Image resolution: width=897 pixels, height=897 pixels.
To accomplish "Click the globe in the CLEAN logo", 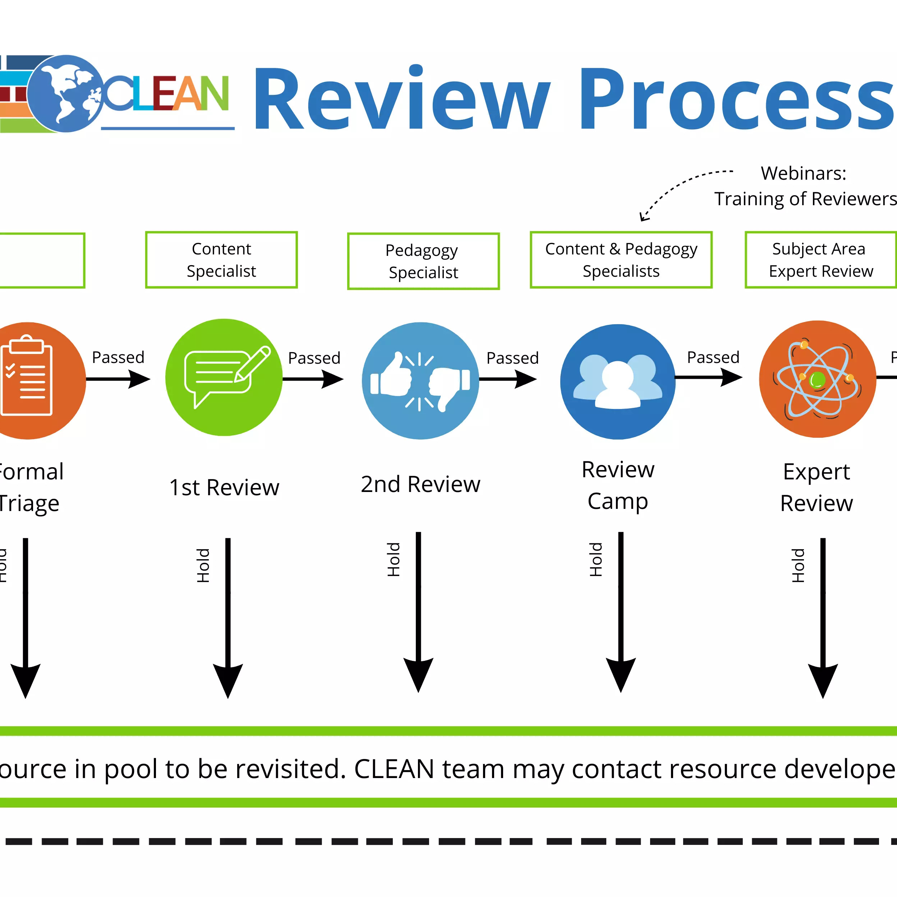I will point(66,94).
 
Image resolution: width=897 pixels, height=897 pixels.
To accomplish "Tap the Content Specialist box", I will point(221,260).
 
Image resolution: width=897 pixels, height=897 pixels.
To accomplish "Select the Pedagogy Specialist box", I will point(423,261).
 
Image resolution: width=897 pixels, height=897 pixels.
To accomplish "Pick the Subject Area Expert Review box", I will point(820,260).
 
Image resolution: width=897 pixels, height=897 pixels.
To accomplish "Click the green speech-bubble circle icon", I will point(224,377).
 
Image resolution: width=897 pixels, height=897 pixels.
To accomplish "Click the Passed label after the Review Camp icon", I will point(713,357).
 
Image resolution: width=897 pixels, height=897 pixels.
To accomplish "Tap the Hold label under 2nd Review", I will point(393,560).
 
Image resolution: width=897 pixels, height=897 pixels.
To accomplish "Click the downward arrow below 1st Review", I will point(227,617).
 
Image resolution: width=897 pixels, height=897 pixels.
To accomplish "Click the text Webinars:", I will point(803,173).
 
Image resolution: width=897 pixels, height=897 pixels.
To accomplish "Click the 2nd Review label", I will point(420,484).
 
